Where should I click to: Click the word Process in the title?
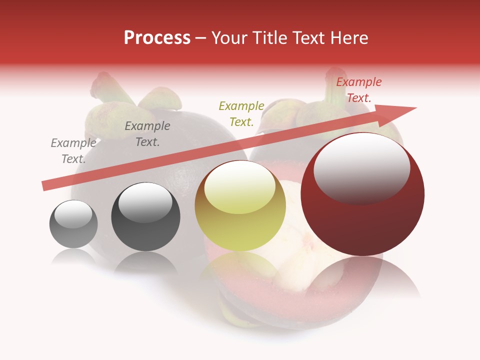click(157, 38)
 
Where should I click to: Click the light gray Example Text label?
click(73, 151)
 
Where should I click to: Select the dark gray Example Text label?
click(147, 134)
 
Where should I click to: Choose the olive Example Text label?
click(241, 114)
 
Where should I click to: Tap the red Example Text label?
click(359, 90)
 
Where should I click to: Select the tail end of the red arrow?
click(45, 186)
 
